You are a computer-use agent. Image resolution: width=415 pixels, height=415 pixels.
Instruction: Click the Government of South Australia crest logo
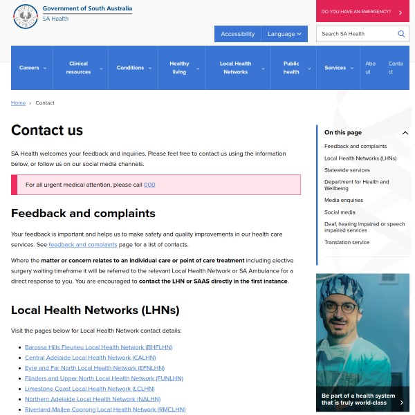pyautogui.click(x=26, y=16)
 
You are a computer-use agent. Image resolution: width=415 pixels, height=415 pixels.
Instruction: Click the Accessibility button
pyautogui.click(x=237, y=33)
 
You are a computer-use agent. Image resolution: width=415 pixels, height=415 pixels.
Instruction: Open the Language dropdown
pyautogui.click(x=284, y=33)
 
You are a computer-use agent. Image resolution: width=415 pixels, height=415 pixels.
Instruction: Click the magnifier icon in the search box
pyautogui.click(x=401, y=33)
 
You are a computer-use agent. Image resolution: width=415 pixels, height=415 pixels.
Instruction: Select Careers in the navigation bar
pyautogui.click(x=32, y=68)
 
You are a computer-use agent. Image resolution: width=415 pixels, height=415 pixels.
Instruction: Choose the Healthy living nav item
pyautogui.click(x=181, y=68)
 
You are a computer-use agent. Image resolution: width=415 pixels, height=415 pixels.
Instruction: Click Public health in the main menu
pyautogui.click(x=294, y=68)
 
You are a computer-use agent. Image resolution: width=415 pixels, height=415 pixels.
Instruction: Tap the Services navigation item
pyautogui.click(x=337, y=68)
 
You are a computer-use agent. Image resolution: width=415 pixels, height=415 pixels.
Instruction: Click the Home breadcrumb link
pyautogui.click(x=18, y=103)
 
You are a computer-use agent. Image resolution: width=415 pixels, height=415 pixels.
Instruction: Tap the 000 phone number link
pyautogui.click(x=149, y=185)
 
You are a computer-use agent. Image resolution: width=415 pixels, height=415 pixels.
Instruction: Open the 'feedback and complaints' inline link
pyautogui.click(x=83, y=245)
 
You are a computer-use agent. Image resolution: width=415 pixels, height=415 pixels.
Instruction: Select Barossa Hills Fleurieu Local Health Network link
pyautogui.click(x=98, y=347)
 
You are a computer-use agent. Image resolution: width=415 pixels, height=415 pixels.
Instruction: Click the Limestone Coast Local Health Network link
pyautogui.click(x=90, y=389)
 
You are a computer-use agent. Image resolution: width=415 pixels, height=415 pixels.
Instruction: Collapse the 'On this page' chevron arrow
pyautogui.click(x=405, y=133)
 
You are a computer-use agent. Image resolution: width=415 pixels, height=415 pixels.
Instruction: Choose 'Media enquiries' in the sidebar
pyautogui.click(x=344, y=200)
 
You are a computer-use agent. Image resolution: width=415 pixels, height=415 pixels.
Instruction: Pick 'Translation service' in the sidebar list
pyautogui.click(x=347, y=242)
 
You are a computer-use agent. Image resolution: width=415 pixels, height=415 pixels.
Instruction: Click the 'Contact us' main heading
pyautogui.click(x=47, y=130)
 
